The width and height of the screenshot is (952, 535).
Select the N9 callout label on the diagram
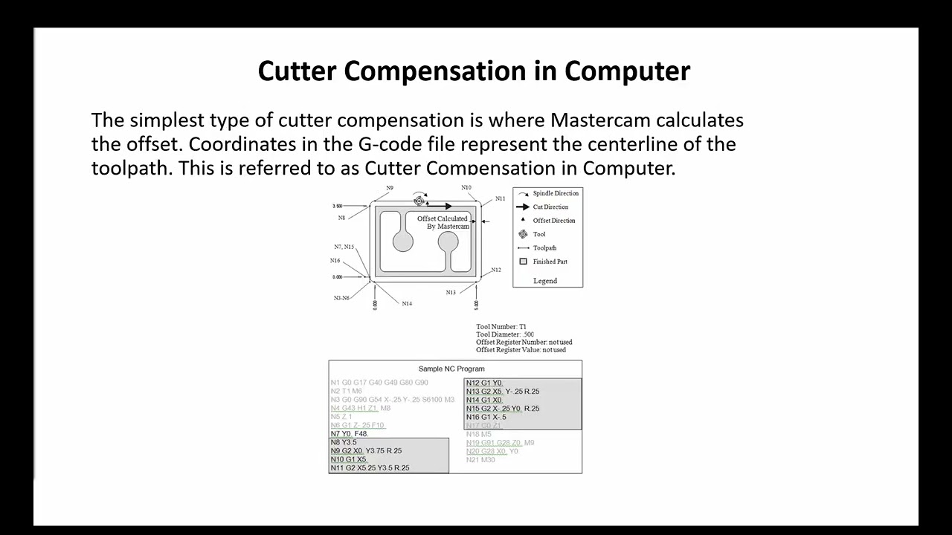click(390, 188)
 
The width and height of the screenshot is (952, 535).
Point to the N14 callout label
click(407, 303)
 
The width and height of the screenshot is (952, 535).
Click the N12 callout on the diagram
click(496, 270)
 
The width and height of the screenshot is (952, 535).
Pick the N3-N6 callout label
click(341, 298)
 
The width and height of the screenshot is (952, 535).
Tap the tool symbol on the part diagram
click(419, 201)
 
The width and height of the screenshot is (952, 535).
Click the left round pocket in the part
click(403, 241)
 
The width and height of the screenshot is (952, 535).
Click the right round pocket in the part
click(448, 241)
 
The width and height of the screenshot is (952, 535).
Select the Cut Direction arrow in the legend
click(523, 207)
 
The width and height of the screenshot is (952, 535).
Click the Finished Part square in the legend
click(523, 262)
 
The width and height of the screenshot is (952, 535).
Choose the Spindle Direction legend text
click(555, 194)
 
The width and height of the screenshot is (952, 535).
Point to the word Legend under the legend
click(545, 281)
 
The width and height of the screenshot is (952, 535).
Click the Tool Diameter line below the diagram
click(505, 334)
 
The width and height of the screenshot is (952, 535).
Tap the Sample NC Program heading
click(451, 369)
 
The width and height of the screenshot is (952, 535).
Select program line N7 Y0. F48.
click(350, 434)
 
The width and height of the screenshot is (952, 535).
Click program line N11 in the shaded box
click(370, 467)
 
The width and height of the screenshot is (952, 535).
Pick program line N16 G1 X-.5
click(486, 417)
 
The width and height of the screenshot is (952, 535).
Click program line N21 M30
click(480, 460)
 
